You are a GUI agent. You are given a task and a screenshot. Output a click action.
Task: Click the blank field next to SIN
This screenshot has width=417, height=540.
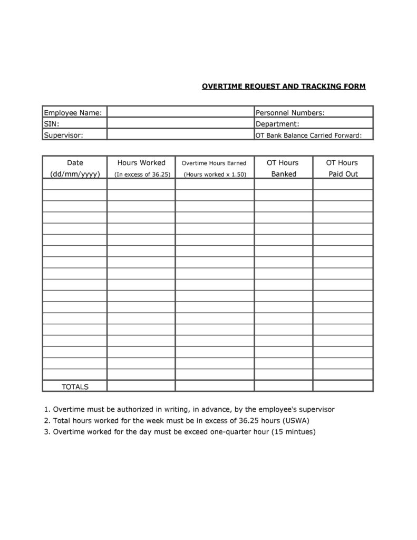180,124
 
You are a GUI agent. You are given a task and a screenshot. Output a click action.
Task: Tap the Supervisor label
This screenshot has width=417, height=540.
63,135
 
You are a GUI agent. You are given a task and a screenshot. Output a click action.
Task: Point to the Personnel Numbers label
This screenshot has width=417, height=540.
290,112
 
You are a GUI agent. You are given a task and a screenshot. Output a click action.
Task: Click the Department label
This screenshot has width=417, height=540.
277,124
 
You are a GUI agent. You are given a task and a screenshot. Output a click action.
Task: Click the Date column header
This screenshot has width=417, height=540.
75,163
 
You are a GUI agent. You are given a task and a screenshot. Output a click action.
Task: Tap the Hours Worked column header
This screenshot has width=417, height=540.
141,163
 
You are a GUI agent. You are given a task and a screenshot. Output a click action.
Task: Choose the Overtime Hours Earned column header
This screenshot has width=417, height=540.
214,163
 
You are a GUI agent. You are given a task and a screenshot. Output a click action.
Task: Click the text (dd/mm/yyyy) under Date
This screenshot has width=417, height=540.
75,174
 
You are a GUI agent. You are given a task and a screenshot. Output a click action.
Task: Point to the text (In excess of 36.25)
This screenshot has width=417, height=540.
142,175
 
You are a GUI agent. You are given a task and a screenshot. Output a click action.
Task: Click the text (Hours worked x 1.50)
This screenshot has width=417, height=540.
215,175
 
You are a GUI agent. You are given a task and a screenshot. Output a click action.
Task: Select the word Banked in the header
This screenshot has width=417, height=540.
284,174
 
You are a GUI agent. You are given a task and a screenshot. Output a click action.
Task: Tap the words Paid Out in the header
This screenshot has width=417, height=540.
343,174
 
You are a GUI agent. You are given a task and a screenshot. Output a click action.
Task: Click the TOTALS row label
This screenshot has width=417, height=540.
75,387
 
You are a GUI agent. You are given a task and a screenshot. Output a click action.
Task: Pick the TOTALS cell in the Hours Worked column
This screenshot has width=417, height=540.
141,387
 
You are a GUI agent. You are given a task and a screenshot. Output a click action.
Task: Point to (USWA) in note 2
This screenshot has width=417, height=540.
296,420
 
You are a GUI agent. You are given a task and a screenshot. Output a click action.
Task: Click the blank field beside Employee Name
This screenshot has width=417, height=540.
180,112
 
